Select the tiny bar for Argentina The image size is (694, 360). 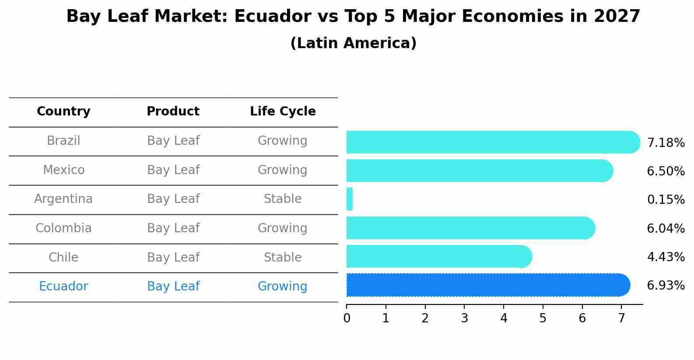point(350,199)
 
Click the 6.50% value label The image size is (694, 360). point(666,171)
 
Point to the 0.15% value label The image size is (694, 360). point(666,200)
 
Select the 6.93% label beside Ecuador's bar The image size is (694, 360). point(666,286)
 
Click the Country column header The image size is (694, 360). point(63,112)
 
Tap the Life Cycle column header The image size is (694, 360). point(283,112)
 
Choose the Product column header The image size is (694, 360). point(173,112)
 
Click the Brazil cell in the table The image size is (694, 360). point(63,141)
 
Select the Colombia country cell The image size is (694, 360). point(63,228)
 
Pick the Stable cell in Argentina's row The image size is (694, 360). point(283,199)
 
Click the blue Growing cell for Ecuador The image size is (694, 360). point(283,287)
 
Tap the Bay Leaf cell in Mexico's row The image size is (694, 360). point(173,170)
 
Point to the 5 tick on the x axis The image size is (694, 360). point(543,318)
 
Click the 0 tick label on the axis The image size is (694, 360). point(347,318)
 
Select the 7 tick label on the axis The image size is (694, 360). point(621,318)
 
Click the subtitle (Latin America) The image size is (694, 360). point(353,43)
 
